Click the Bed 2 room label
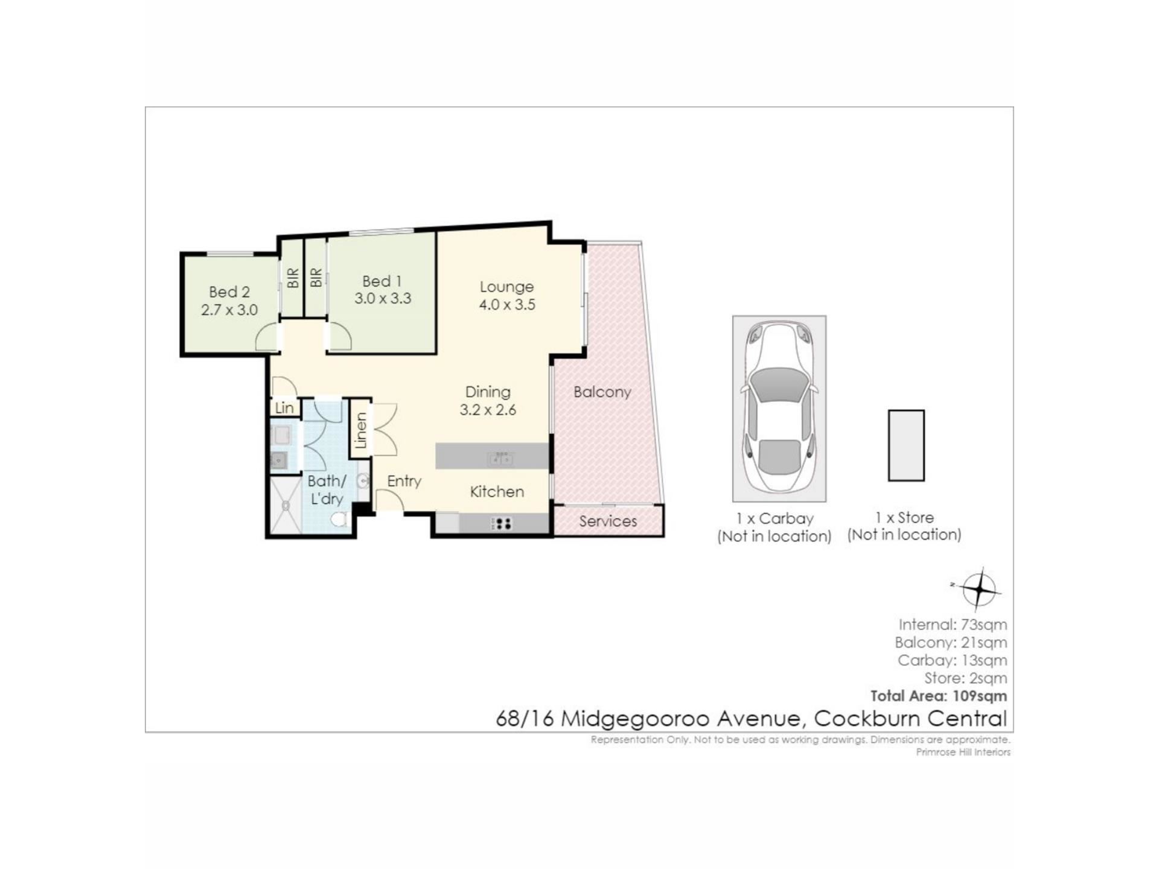point(229,292)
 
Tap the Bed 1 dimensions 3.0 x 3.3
point(383,298)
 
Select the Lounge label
point(506,287)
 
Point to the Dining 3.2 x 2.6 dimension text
point(488,410)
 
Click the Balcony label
point(602,392)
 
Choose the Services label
point(608,521)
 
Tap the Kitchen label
point(497,492)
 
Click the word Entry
point(404,482)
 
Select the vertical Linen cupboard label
point(361,430)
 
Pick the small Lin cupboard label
point(284,408)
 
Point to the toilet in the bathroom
point(339,518)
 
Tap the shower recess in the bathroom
point(286,506)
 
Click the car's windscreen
point(779,384)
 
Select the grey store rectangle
point(906,445)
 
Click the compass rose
point(979,588)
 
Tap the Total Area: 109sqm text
point(939,696)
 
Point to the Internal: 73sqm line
point(953,625)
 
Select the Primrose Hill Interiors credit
point(963,752)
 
